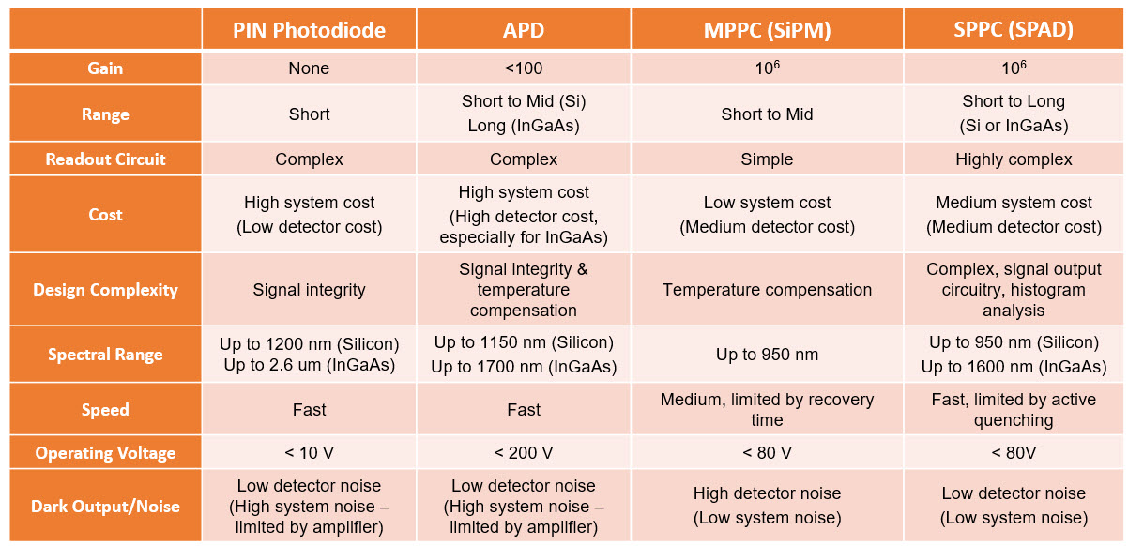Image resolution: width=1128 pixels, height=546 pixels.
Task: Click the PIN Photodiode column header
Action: pos(309,30)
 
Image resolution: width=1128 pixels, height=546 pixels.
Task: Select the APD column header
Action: pos(524,30)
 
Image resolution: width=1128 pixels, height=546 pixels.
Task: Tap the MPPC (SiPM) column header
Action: pos(767,30)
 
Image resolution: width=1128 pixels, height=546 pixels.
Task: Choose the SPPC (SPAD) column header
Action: pos(1014,30)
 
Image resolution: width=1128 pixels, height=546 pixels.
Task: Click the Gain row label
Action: pos(105,68)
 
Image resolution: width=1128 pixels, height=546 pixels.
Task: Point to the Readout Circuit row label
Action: pos(105,159)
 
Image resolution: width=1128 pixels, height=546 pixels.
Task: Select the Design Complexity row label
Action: pos(105,290)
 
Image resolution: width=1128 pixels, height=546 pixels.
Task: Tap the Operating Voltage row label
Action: pos(105,453)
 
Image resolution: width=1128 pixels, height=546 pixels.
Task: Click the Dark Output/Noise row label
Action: pos(105,507)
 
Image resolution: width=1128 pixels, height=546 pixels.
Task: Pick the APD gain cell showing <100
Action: pos(524,68)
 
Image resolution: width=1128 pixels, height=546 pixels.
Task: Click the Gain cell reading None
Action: pos(309,68)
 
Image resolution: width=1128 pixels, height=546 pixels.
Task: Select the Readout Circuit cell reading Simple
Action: pos(767,159)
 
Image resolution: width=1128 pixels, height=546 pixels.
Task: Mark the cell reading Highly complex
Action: pos(1014,159)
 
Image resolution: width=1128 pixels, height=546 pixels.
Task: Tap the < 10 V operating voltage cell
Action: pos(309,453)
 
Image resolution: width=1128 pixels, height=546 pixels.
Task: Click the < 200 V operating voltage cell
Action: pos(524,453)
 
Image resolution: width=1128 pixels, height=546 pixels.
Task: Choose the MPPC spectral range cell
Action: pos(767,355)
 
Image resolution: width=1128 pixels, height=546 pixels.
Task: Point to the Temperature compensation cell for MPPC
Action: pos(767,290)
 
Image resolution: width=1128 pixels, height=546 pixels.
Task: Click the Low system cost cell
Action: pos(767,215)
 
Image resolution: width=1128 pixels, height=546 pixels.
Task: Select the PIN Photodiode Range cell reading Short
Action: pos(309,114)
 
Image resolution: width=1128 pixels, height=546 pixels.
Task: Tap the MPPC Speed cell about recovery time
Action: pos(767,410)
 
